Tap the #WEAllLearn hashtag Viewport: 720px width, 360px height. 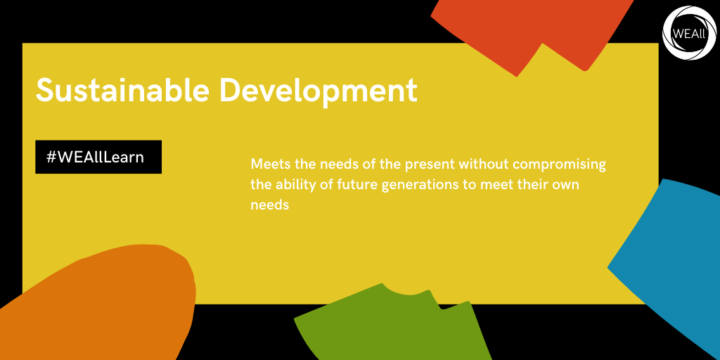tap(95, 157)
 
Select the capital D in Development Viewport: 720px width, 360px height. tap(230, 90)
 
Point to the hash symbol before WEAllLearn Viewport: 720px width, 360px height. tap(51, 157)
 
